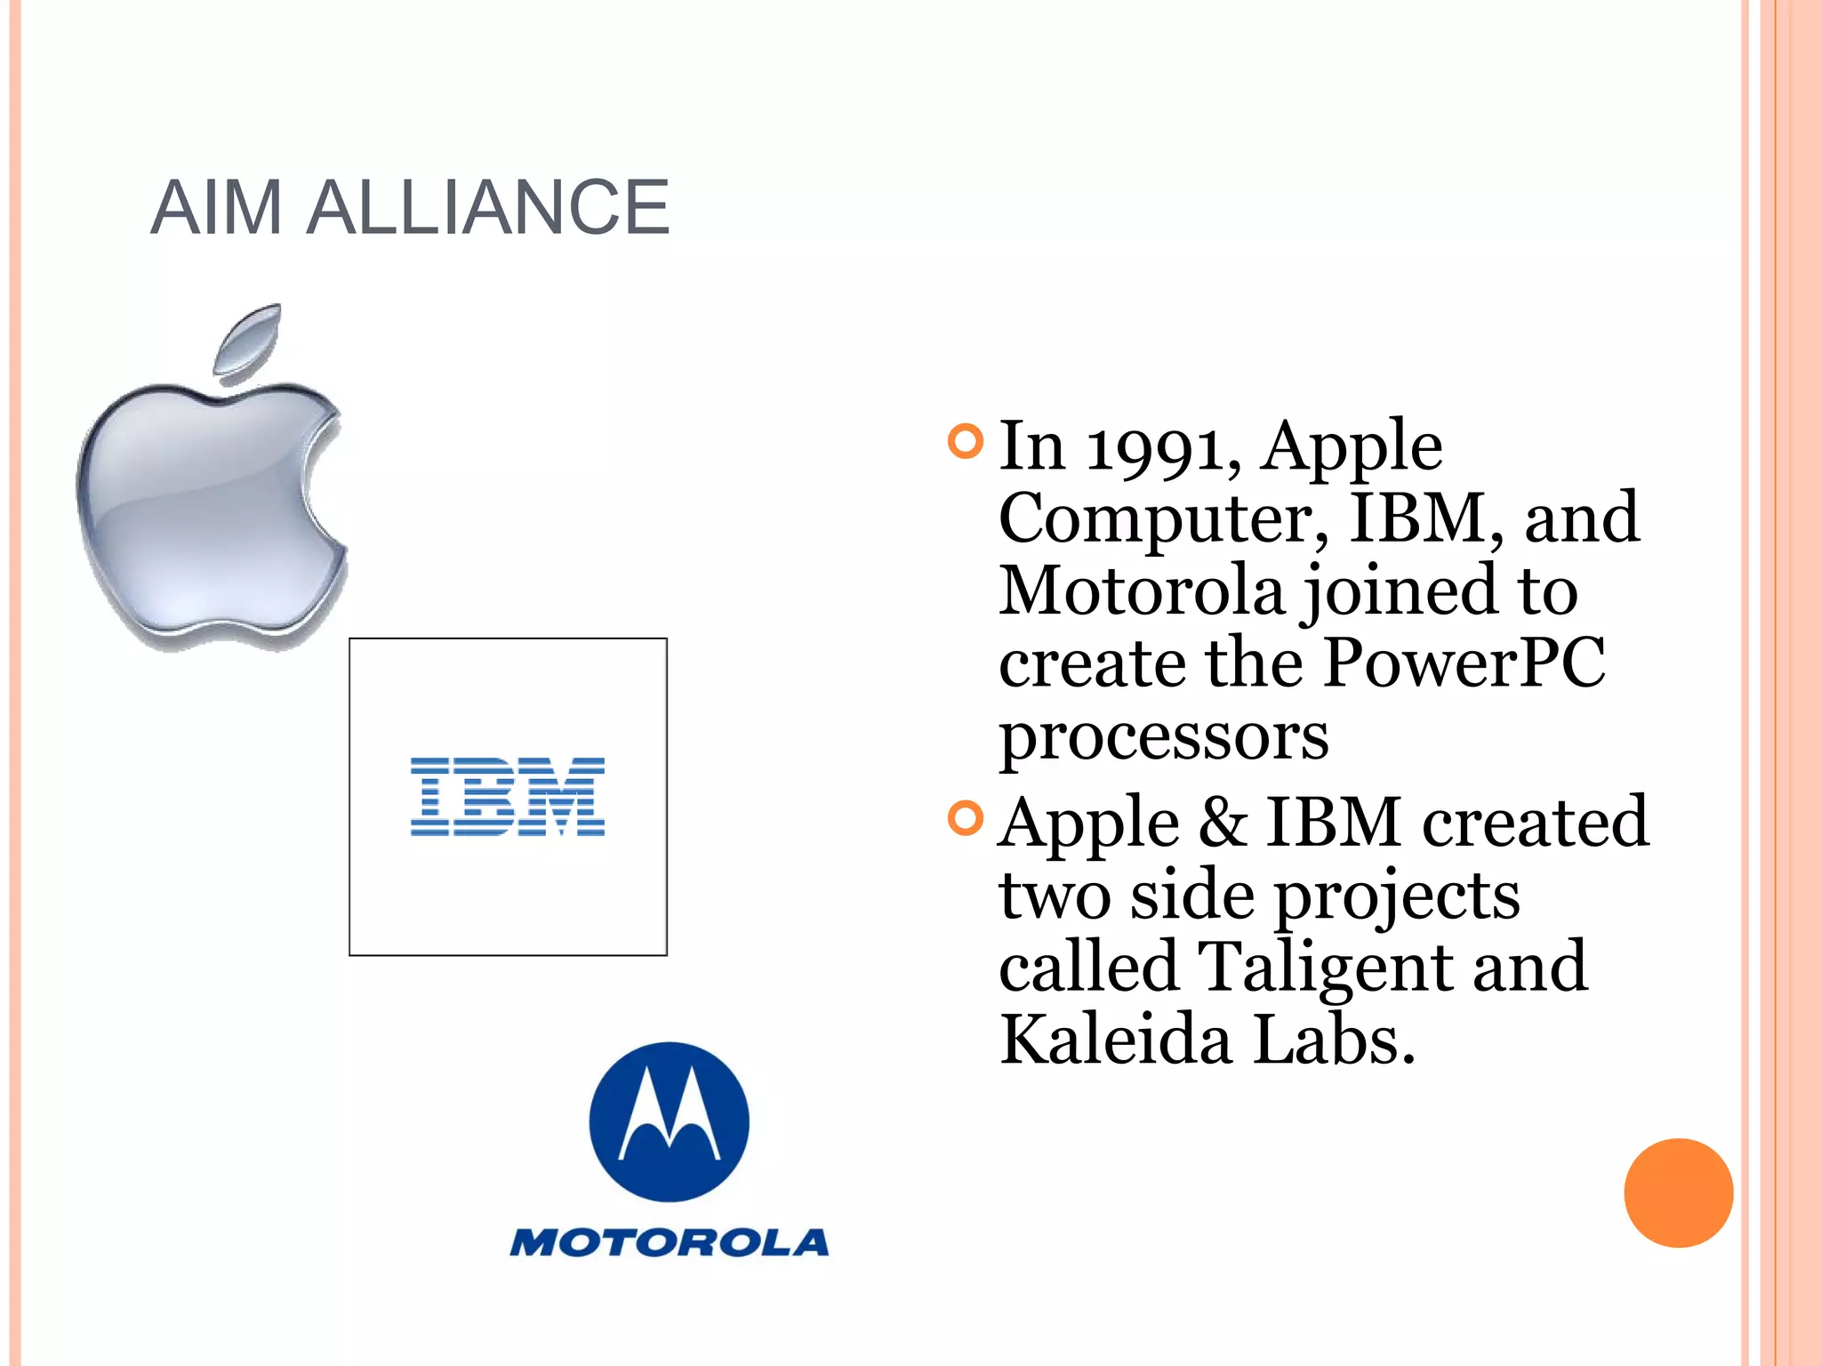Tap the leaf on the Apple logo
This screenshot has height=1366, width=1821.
pos(248,341)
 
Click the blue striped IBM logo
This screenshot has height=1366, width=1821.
pos(507,797)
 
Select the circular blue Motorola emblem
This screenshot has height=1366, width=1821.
pos(669,1121)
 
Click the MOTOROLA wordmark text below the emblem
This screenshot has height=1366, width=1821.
pos(669,1242)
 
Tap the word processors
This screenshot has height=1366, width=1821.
pos(1163,737)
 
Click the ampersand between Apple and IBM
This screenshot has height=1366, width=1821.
pos(1223,822)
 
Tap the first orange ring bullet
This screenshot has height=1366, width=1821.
pos(966,442)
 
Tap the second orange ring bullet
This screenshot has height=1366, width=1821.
pos(966,818)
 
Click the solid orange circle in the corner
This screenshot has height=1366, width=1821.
pos(1678,1193)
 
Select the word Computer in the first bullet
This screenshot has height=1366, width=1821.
pos(1163,518)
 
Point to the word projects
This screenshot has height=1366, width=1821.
pos(1397,896)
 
